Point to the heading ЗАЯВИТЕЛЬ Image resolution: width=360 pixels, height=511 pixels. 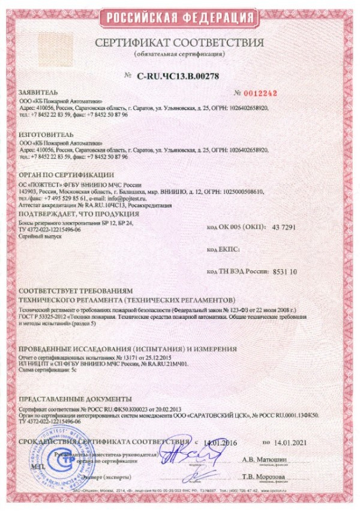click(38, 94)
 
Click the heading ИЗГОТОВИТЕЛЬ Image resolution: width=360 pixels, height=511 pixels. click(46, 136)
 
